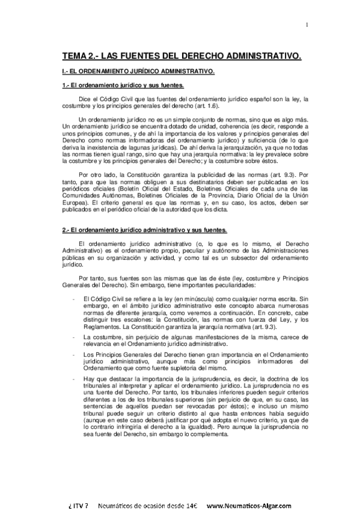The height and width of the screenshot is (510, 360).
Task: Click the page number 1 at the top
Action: [307, 25]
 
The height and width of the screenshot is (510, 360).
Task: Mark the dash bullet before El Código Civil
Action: [73, 298]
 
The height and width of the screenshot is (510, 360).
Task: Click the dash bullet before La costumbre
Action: [73, 337]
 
